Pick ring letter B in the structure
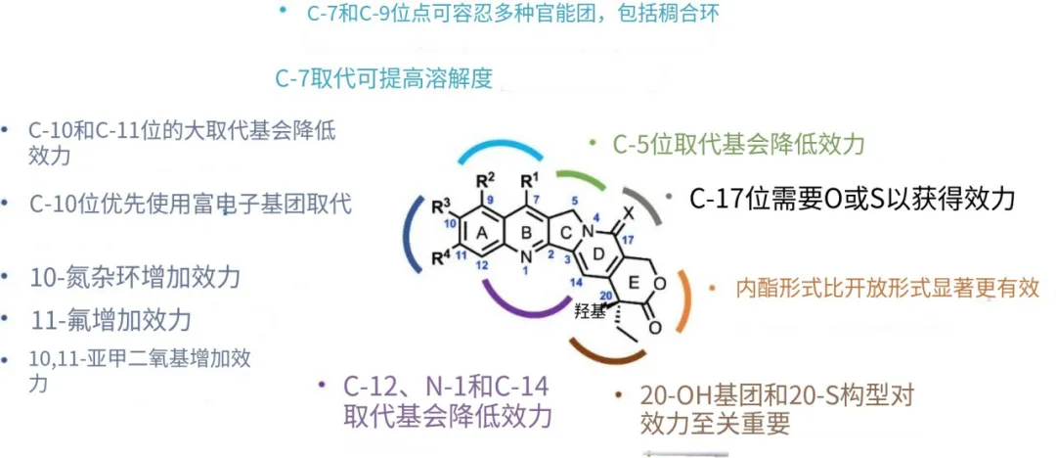pos(529,234)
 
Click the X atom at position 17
pos(631,211)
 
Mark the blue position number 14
pos(576,282)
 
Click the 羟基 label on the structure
pos(588,310)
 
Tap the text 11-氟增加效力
pos(110,319)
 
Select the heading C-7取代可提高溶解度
pos(383,79)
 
